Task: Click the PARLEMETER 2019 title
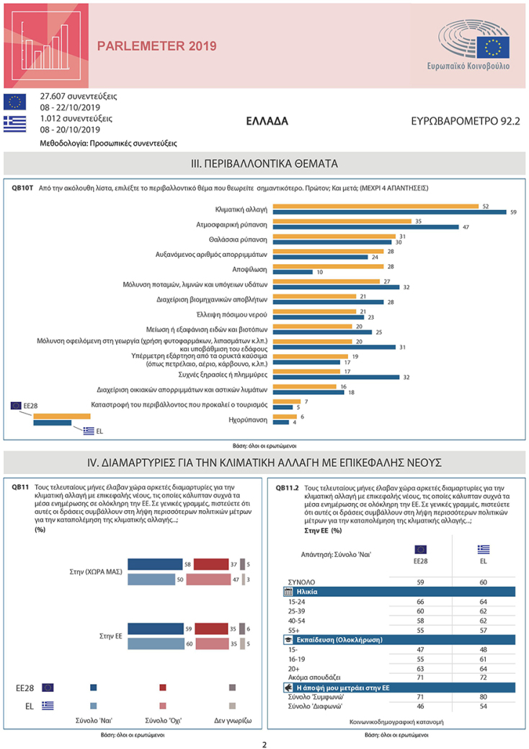pyautogui.click(x=156, y=46)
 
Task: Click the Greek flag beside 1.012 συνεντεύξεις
pyautogui.click(x=15, y=123)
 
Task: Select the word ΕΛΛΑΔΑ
pyautogui.click(x=267, y=121)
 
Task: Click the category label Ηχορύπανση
pyautogui.click(x=249, y=419)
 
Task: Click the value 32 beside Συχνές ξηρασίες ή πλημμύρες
pyautogui.click(x=406, y=377)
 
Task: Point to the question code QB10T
pyautogui.click(x=22, y=187)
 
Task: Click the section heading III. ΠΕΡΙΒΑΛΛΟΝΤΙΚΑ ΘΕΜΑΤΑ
pyautogui.click(x=264, y=163)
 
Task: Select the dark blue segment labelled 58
pyautogui.click(x=155, y=564)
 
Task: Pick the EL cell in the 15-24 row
pyautogui.click(x=483, y=601)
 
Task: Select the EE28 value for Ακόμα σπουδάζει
pyautogui.click(x=420, y=678)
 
